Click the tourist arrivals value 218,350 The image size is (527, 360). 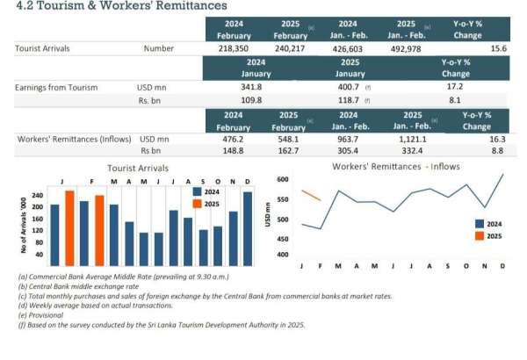point(233,49)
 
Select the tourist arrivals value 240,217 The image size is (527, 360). point(290,49)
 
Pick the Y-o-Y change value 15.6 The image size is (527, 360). point(499,49)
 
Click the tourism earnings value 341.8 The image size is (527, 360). point(251,88)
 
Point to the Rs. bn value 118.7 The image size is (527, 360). point(349,102)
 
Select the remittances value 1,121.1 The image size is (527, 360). point(410,139)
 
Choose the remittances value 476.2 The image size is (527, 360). point(234,139)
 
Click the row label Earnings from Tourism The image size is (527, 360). point(56,88)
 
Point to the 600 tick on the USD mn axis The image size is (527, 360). point(282,179)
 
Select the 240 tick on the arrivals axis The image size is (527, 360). point(38,196)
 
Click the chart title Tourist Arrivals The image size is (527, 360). point(138,167)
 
